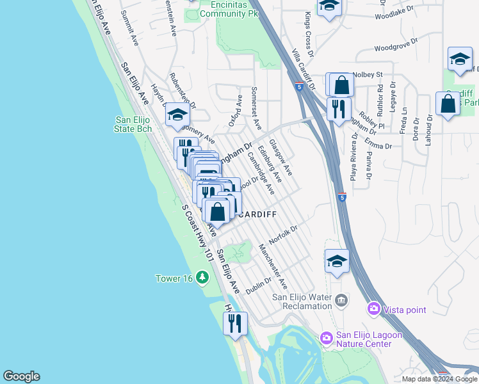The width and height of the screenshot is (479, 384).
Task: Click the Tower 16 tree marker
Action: [x=202, y=277]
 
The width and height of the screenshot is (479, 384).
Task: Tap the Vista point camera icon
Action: [x=373, y=310]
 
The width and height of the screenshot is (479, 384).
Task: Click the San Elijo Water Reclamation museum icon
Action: [x=341, y=300]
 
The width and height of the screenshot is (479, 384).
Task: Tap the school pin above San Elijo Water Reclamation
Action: [x=337, y=262]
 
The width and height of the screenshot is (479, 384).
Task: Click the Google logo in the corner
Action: [x=21, y=376]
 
